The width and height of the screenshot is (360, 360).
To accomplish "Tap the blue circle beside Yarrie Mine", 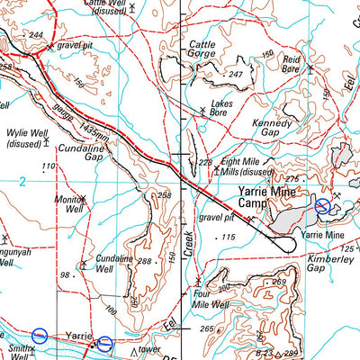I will (322, 207).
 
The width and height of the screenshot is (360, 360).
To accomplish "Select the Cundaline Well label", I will (116, 263).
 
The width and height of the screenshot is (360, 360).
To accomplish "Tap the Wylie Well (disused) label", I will (28, 137).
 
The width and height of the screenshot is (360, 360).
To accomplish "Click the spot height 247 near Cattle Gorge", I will (236, 74).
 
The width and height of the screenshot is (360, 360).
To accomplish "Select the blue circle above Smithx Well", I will (39, 336).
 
